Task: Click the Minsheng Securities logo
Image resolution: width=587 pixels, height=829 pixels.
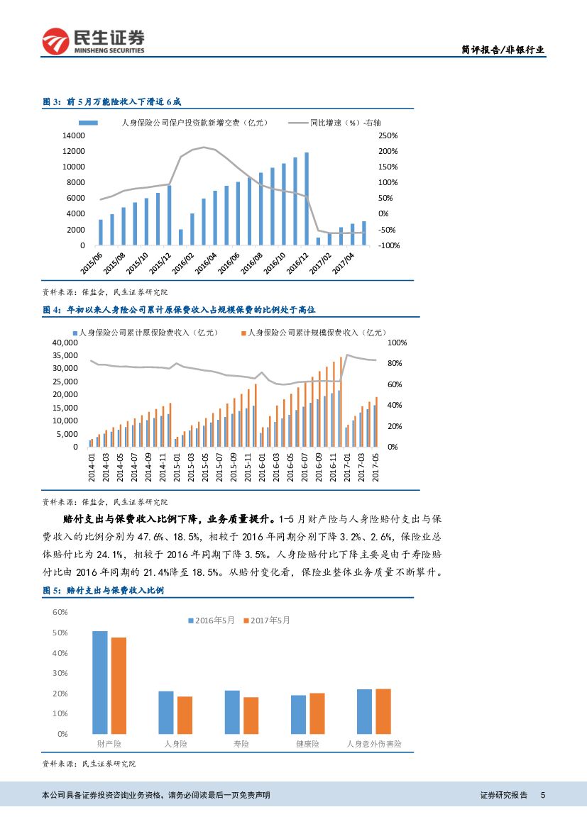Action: (x=93, y=41)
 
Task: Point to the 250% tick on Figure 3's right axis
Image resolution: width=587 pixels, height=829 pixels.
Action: (x=388, y=135)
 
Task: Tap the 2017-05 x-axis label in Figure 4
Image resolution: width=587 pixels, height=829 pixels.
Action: (x=376, y=467)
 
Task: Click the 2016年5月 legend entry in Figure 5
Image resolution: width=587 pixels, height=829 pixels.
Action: (x=212, y=620)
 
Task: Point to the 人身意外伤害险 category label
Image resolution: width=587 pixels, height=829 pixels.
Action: (x=374, y=744)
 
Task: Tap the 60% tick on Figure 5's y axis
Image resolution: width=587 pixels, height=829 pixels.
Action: (x=60, y=611)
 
